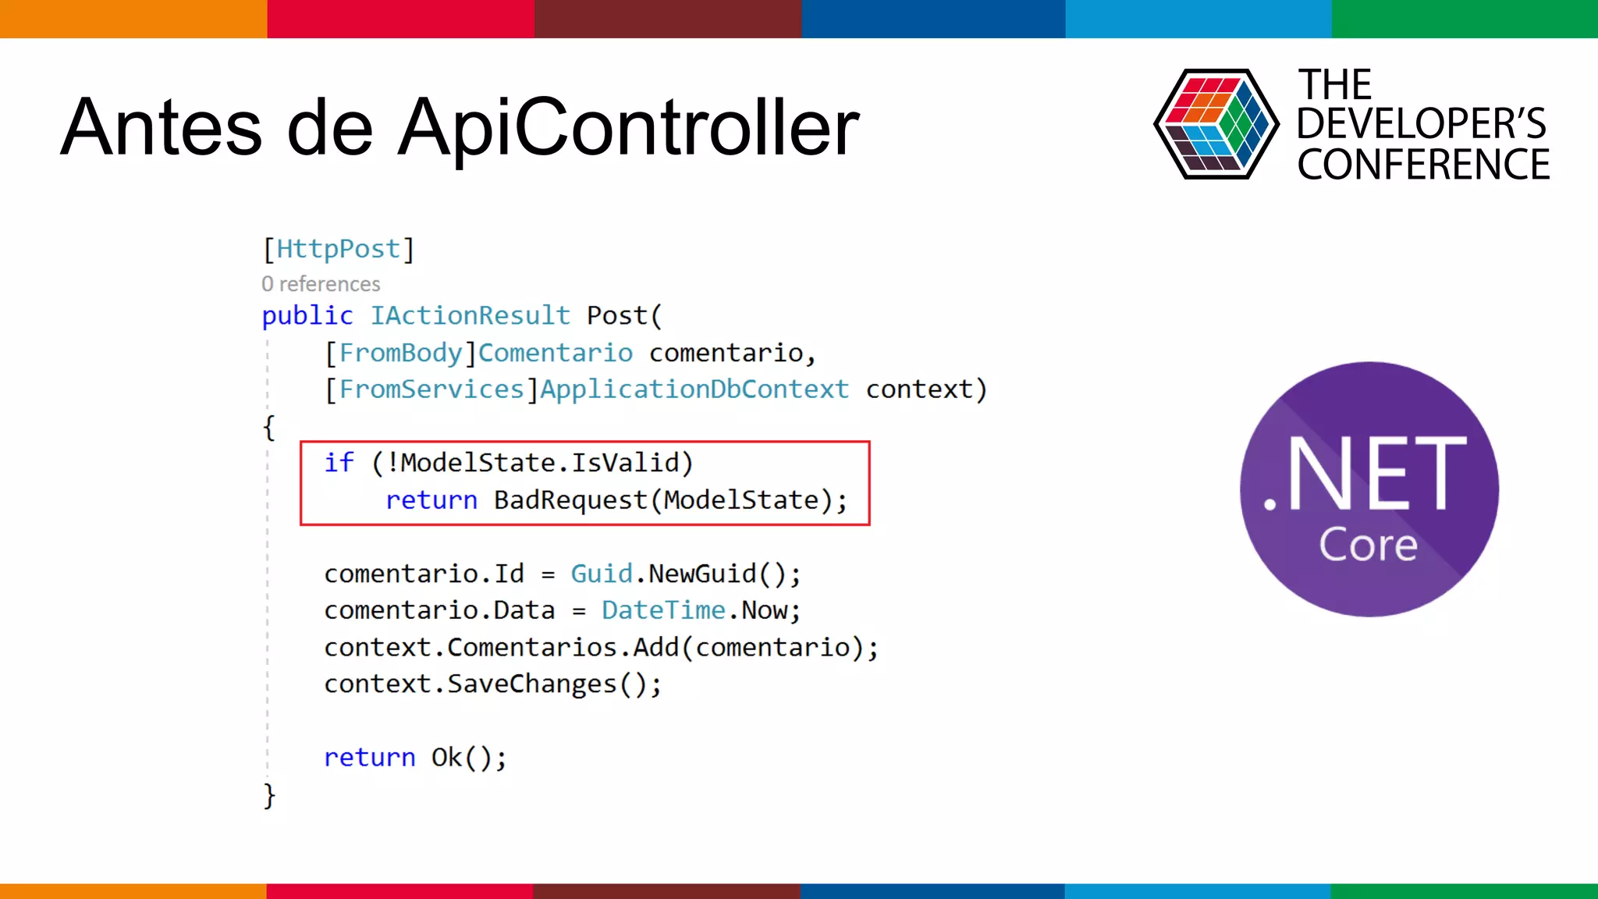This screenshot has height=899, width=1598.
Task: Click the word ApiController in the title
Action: click(x=629, y=128)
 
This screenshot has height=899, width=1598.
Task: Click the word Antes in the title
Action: click(x=161, y=128)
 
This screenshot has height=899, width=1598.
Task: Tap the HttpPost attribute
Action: click(x=338, y=249)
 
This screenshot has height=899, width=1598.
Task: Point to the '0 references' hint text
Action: click(x=321, y=284)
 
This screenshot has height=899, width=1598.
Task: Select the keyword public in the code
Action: click(x=307, y=315)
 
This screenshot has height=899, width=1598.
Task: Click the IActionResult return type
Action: click(x=470, y=315)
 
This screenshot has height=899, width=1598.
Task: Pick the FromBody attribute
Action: click(x=400, y=353)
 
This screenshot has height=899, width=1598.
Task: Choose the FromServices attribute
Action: click(x=431, y=389)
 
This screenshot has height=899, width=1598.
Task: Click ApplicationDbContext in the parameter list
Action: click(x=694, y=389)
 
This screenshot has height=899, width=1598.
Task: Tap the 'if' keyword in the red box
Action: click(x=339, y=463)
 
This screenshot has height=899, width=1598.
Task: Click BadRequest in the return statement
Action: click(x=570, y=499)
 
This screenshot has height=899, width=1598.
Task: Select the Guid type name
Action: click(x=601, y=574)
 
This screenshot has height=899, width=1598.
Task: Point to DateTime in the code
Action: click(x=663, y=610)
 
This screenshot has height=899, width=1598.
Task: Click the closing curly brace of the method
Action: click(x=269, y=795)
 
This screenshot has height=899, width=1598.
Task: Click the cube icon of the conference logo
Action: click(x=1216, y=124)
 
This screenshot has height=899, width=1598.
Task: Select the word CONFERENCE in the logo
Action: click(x=1423, y=165)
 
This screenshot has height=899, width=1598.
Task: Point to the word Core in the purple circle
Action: click(x=1368, y=544)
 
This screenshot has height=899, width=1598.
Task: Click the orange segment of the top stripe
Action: click(x=133, y=19)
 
